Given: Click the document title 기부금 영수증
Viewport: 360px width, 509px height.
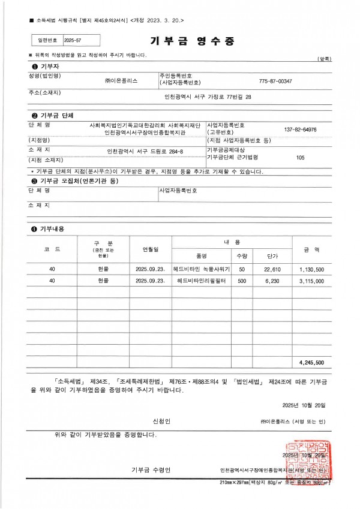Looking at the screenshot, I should tap(192, 41).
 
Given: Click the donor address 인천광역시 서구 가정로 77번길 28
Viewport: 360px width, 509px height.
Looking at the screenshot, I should tap(208, 97).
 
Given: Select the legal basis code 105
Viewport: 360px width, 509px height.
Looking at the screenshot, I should tap(301, 157).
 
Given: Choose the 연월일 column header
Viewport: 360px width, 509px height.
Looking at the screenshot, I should tap(150, 248).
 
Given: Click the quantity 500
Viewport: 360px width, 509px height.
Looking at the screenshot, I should tap(242, 281).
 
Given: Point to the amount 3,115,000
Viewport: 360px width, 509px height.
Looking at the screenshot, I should tap(311, 281).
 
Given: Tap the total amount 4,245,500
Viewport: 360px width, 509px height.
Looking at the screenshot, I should tap(311, 362).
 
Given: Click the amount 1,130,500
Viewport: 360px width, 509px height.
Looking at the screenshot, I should tap(311, 269).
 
